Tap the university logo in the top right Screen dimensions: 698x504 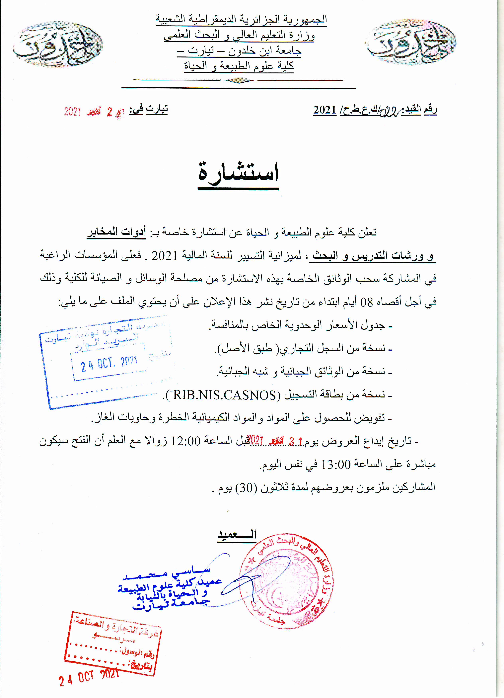click(x=410, y=42)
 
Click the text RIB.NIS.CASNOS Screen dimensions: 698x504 click(x=225, y=395)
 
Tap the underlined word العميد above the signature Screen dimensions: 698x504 click(x=237, y=535)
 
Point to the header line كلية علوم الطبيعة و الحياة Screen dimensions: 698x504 click(x=239, y=66)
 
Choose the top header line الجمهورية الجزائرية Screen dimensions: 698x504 click(x=241, y=19)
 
